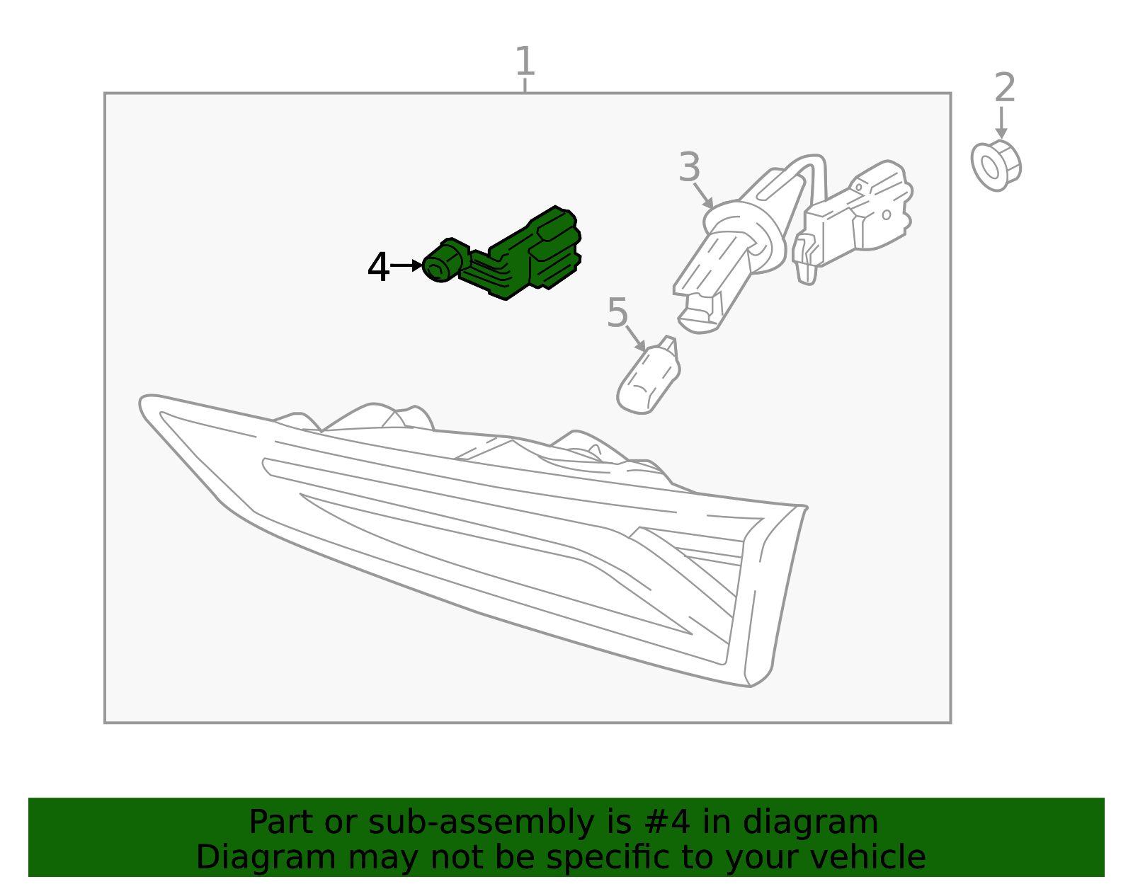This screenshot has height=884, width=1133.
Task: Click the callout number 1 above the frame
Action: click(525, 61)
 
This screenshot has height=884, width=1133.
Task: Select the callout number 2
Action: click(1004, 88)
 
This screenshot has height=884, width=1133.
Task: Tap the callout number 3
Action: click(689, 167)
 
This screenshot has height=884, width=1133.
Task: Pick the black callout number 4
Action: click(378, 267)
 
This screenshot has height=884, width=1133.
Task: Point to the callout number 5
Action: click(617, 313)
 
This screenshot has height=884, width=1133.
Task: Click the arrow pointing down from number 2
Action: click(1001, 123)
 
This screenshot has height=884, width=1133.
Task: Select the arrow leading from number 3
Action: click(703, 196)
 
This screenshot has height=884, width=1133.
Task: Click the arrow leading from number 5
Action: click(636, 338)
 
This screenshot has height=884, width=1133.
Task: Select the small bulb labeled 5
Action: click(648, 376)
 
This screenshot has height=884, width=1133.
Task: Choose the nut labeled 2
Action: click(996, 166)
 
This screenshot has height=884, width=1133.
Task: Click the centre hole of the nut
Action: click(990, 167)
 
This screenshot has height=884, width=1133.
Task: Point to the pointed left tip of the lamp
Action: click(142, 401)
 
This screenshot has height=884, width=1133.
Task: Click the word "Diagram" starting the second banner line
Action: click(266, 858)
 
